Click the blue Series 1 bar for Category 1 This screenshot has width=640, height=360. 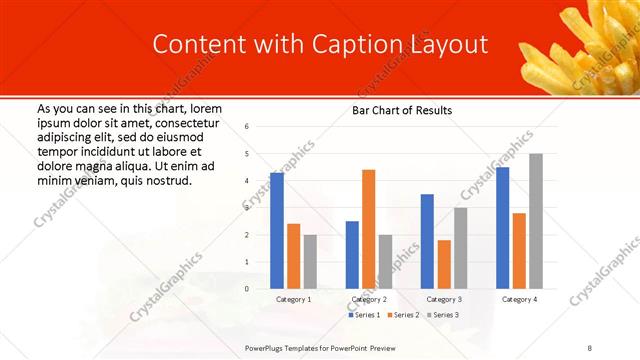coord(277,231)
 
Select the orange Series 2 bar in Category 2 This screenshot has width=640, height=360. coord(368,229)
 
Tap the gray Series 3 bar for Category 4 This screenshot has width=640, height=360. coord(536,221)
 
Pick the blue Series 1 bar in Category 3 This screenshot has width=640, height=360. coord(427,241)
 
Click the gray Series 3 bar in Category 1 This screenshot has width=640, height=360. coord(310,262)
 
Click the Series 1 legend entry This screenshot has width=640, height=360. coord(365,315)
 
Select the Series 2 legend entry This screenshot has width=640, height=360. coord(403,315)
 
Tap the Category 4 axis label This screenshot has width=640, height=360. coord(519,299)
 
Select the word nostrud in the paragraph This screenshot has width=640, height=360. coord(168,180)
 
